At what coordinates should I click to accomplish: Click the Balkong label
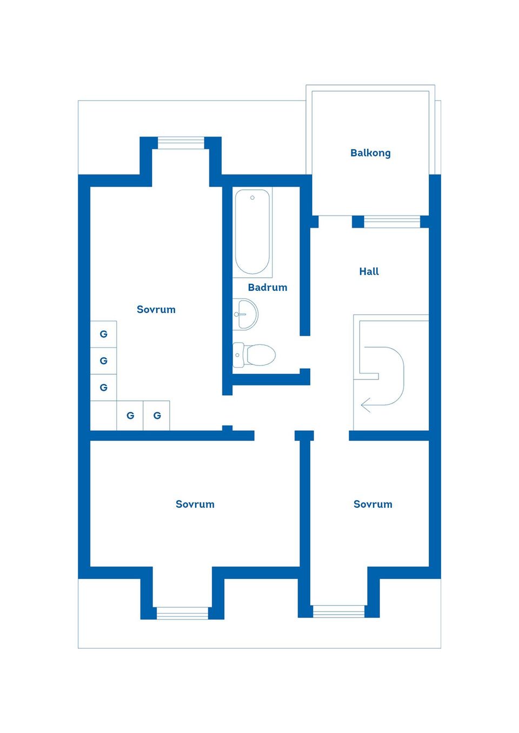coord(370,153)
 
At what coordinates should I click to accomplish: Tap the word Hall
coord(369,272)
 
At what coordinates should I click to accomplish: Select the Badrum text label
coord(267,287)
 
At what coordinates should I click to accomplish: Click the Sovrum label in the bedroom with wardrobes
coord(156,309)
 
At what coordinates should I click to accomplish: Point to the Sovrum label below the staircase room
coord(372,504)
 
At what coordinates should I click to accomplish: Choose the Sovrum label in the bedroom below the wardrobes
coord(195,504)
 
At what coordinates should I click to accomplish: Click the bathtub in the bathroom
coord(252,232)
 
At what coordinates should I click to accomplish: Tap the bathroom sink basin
coord(248,314)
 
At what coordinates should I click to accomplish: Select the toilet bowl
coord(261,355)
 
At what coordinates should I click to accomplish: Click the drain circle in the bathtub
coord(252,198)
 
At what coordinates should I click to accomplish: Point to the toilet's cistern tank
coord(238,355)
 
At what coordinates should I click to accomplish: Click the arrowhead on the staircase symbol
coord(365,405)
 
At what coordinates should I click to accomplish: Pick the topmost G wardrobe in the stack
coord(103,334)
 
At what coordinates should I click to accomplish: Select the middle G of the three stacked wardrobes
coord(103,361)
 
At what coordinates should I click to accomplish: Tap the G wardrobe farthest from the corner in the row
coord(157,416)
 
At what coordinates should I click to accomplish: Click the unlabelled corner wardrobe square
coord(103,416)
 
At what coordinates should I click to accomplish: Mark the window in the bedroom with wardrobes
coord(181,143)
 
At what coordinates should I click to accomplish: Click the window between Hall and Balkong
coord(392,221)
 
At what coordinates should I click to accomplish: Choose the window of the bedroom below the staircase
coord(339,612)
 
